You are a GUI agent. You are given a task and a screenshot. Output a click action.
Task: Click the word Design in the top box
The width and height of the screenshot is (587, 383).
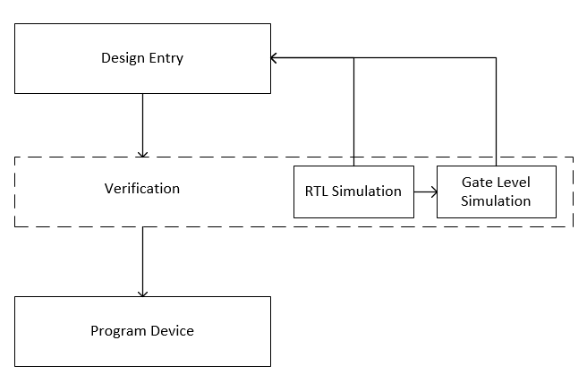click(x=123, y=58)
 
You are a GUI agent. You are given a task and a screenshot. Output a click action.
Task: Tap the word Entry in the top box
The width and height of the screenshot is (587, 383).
click(x=166, y=58)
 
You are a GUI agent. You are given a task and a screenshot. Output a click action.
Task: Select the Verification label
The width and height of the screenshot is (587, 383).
click(x=142, y=188)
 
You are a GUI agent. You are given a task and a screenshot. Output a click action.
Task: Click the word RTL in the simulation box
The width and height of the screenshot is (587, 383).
click(x=317, y=191)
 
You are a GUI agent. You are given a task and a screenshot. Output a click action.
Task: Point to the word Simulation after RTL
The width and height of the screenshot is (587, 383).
click(x=367, y=191)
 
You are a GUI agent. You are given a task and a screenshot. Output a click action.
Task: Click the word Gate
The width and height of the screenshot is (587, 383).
click(x=476, y=183)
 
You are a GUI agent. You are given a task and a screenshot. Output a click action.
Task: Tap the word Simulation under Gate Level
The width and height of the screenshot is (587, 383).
click(x=496, y=201)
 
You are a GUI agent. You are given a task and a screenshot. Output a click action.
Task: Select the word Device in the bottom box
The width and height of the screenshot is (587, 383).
click(x=172, y=331)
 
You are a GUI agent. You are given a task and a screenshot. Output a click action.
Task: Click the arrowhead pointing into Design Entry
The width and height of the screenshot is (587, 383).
click(x=273, y=58)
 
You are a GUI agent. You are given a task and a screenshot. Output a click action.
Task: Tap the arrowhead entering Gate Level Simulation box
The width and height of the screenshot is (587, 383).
click(x=434, y=192)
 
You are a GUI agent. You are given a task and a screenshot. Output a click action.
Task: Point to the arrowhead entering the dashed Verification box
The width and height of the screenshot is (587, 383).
click(x=142, y=154)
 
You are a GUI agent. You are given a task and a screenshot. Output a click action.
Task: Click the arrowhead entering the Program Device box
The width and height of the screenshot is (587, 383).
click(x=142, y=294)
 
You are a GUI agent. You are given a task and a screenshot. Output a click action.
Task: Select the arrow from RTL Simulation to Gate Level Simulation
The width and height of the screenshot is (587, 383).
click(x=426, y=192)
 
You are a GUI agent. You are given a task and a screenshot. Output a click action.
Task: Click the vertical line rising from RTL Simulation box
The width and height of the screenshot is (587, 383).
click(x=353, y=112)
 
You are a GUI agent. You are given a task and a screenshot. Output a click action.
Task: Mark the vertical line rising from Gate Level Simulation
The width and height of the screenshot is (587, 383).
click(x=496, y=112)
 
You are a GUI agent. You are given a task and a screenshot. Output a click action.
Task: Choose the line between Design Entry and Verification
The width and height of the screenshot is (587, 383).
click(x=142, y=125)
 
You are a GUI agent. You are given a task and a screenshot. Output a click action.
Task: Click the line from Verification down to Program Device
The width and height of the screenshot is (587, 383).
click(x=142, y=261)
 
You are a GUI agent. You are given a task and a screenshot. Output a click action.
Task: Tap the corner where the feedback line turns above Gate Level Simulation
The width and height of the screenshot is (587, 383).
click(x=496, y=58)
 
